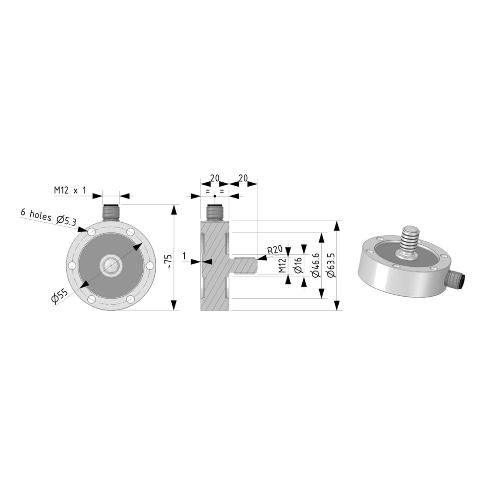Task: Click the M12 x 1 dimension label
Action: [70, 190]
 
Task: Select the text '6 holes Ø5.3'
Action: [48, 217]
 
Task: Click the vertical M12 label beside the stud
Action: [283, 265]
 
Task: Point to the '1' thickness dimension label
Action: [184, 256]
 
